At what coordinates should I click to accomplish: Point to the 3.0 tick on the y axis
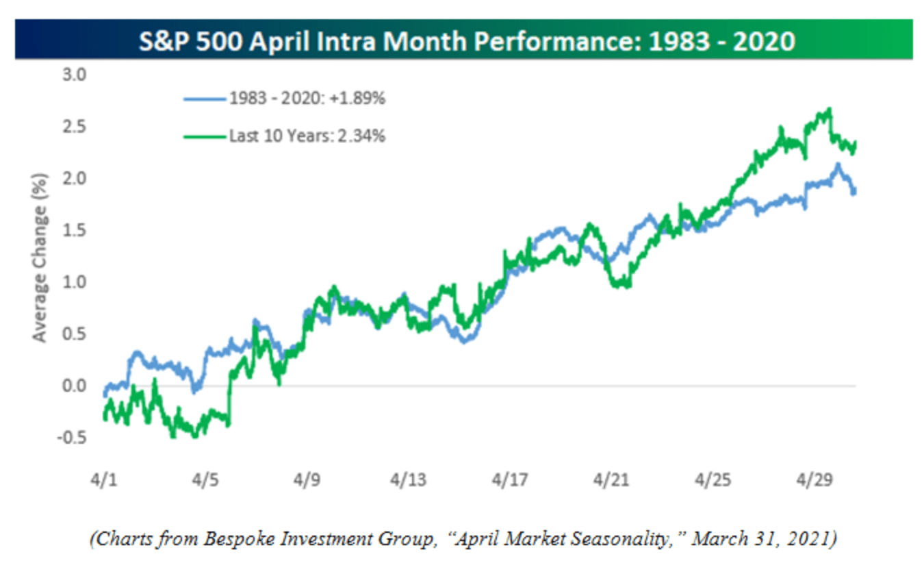[x=76, y=75]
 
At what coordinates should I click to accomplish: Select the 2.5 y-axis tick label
[x=76, y=127]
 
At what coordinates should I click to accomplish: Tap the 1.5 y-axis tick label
[x=76, y=230]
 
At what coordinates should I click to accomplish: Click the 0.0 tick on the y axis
[x=76, y=386]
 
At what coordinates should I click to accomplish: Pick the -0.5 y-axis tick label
[x=73, y=437]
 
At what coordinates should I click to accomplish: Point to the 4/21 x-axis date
[x=614, y=479]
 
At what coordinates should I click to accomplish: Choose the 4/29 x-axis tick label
[x=817, y=479]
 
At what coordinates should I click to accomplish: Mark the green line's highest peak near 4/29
[x=830, y=109]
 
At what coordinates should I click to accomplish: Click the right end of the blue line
[x=854, y=192]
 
